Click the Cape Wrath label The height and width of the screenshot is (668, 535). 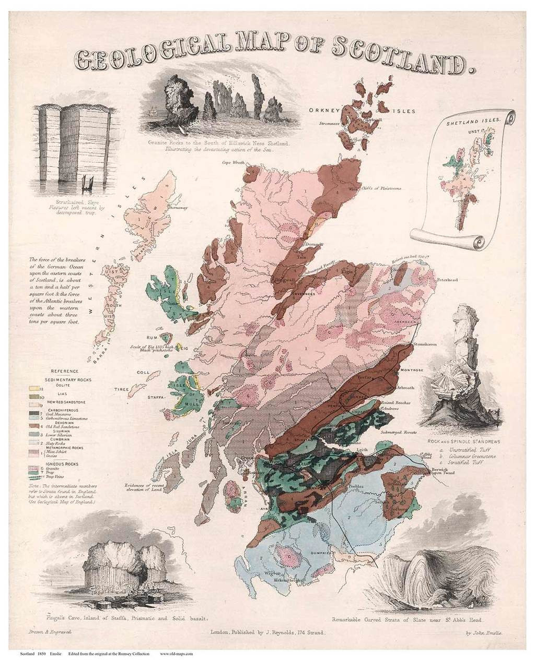pos(234,162)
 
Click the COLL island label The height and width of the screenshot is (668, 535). pos(143,373)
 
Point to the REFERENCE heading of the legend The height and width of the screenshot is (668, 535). pos(57,371)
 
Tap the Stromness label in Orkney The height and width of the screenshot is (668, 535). pos(331,124)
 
